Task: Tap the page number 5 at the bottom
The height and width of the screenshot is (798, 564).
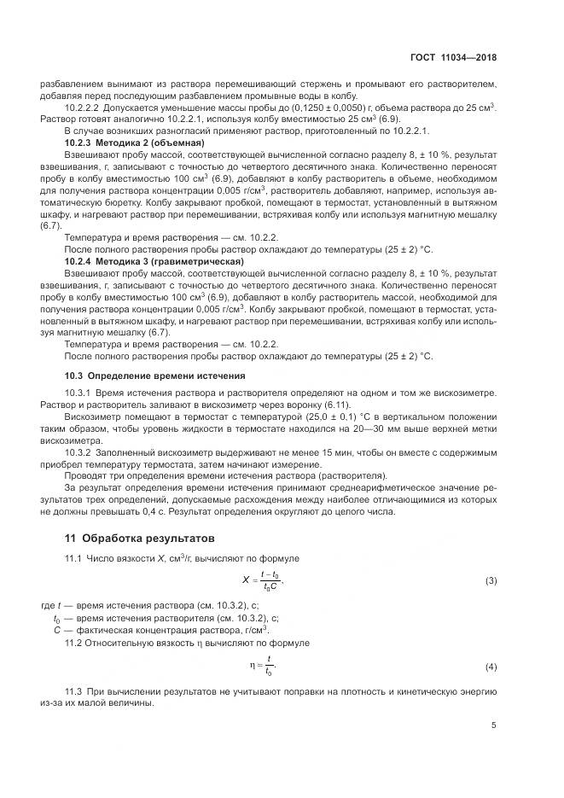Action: tap(493, 725)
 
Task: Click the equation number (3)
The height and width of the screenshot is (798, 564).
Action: tap(491, 580)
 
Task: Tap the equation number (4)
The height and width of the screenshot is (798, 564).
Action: tap(491, 665)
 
